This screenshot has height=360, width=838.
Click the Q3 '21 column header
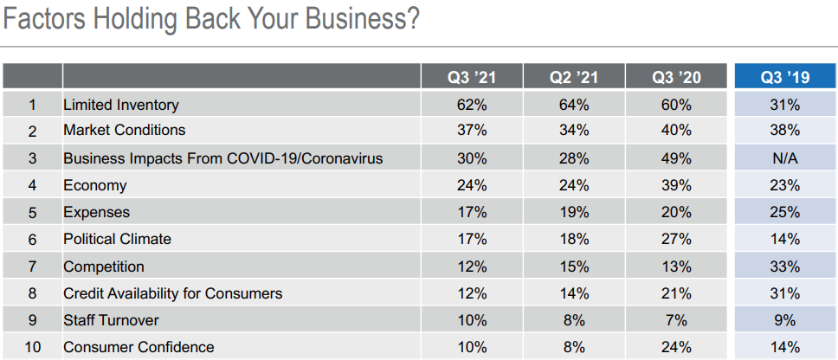coord(472,77)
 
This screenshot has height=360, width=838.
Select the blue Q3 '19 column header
coord(785,77)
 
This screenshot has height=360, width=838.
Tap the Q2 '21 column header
coord(574,77)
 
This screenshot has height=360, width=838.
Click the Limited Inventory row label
coord(121,105)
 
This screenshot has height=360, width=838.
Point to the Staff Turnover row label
coord(111,320)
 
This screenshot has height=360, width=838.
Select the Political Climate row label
coord(117,239)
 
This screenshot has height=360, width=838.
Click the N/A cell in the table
coord(785,158)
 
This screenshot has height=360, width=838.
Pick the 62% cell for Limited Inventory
coord(472,105)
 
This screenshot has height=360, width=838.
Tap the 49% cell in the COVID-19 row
coord(676,158)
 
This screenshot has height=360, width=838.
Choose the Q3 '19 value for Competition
coord(785,267)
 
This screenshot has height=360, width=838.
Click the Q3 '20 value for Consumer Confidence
coord(676,347)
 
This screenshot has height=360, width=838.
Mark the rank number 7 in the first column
coord(32,267)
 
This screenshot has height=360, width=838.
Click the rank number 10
coord(32,347)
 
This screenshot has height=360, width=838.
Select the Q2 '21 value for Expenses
coord(574,212)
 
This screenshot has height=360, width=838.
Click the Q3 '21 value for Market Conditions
coord(472,131)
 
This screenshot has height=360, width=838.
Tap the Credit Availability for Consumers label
coord(172,293)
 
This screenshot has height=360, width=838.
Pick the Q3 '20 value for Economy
coord(676,185)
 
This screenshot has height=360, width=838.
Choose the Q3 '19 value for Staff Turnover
coord(785,320)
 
